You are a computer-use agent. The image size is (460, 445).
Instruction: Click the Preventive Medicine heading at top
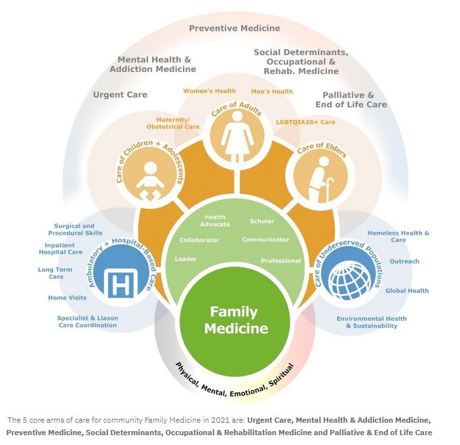coord(235,28)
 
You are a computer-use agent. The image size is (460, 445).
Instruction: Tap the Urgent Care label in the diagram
coord(120,94)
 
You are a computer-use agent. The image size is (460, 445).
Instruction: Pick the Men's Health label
coord(272,92)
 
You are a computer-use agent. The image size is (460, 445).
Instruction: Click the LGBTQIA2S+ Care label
coord(305,122)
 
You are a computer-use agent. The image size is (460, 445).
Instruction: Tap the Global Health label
coord(407,290)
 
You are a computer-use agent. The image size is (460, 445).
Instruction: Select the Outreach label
coord(404,261)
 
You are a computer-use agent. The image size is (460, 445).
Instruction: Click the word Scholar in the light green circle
coord(262,222)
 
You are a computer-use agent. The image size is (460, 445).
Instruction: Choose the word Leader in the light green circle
coord(185,259)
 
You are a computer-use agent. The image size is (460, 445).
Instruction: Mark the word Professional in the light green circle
coord(280,261)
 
